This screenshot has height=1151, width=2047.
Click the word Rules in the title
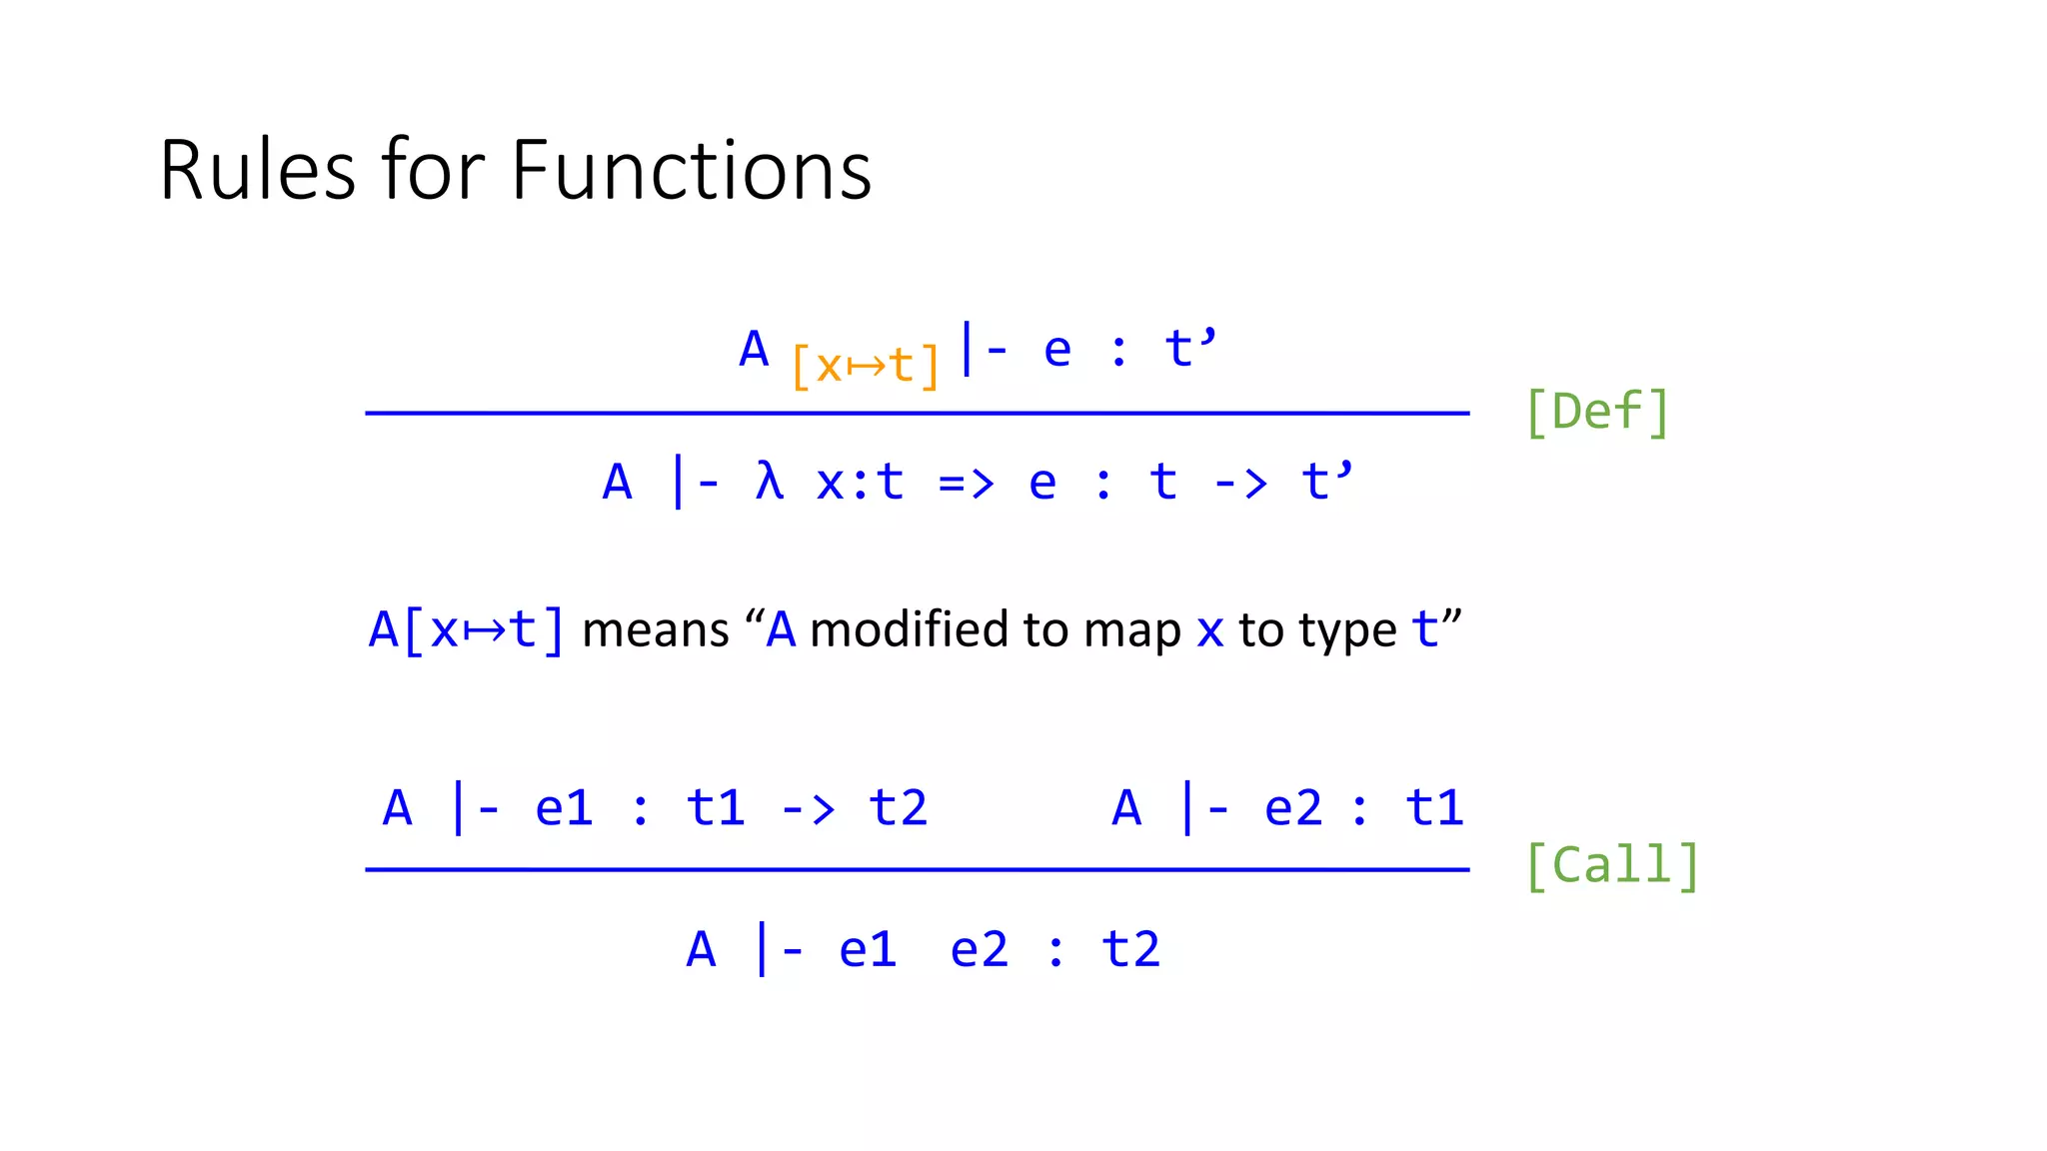click(x=257, y=171)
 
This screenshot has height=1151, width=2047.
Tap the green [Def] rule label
click(x=1596, y=412)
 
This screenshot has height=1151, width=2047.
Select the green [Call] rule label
click(x=1611, y=865)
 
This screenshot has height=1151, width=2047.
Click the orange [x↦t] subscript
click(x=865, y=366)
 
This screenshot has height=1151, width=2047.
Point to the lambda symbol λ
click(x=769, y=482)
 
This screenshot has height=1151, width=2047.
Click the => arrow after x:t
click(x=966, y=484)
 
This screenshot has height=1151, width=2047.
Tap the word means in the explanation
click(x=656, y=630)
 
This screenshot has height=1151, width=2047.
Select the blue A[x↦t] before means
click(x=466, y=630)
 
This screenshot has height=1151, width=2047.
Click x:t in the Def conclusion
click(x=860, y=483)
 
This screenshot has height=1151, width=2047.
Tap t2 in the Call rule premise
click(x=898, y=807)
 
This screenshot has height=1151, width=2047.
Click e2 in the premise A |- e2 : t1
click(x=1292, y=807)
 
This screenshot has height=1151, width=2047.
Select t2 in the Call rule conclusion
click(x=1130, y=949)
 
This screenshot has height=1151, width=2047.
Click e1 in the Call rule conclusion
click(x=867, y=949)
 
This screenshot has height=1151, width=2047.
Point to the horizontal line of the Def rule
click(x=917, y=413)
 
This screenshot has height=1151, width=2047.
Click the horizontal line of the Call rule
click(x=917, y=869)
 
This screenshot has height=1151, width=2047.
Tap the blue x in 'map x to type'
click(x=1209, y=631)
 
